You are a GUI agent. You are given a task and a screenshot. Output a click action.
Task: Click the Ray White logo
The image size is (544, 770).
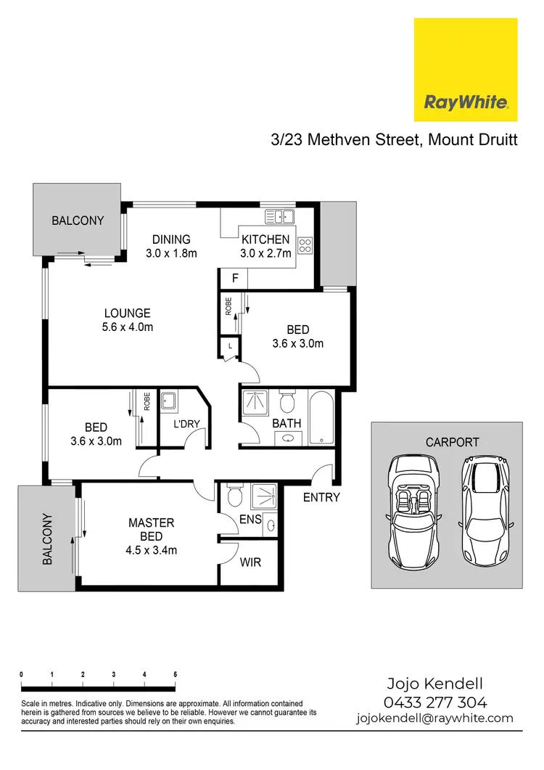[x=465, y=70]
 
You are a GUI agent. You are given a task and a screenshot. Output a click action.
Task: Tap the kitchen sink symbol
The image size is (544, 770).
[x=279, y=216]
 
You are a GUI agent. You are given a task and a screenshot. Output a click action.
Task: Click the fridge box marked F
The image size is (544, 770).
[x=234, y=278]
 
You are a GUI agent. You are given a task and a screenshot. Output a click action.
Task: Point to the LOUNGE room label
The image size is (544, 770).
[x=127, y=314]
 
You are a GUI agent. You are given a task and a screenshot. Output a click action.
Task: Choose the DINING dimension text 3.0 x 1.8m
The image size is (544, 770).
[x=170, y=253]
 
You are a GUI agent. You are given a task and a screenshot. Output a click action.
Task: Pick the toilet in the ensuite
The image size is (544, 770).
[x=234, y=497]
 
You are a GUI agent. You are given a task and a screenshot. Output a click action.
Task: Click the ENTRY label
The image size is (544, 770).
[x=321, y=497]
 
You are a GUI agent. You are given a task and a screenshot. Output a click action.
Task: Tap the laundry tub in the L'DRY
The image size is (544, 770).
[x=170, y=401]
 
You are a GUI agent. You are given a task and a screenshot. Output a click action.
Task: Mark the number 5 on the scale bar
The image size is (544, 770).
[x=176, y=674]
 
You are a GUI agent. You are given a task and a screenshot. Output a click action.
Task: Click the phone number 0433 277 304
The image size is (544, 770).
[x=434, y=702]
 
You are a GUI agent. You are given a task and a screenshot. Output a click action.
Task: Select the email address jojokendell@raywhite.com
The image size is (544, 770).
[x=434, y=718]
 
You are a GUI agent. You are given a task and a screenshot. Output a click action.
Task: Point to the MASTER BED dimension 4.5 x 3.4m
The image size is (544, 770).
[x=151, y=550]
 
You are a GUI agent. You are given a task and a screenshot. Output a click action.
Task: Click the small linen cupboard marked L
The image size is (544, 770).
[x=231, y=347]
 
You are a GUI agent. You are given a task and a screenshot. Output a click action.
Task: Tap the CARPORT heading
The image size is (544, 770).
[x=453, y=441]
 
